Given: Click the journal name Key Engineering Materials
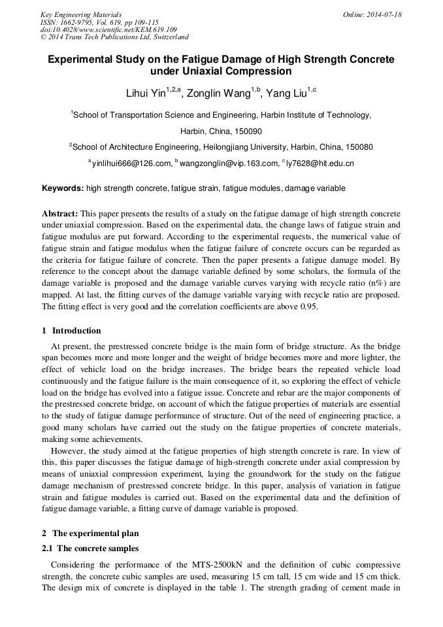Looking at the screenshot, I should [81, 14].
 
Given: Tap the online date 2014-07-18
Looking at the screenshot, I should [382, 14].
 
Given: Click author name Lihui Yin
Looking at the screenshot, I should [145, 93].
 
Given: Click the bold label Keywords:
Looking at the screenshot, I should [63, 188].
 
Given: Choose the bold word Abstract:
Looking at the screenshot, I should [60, 214].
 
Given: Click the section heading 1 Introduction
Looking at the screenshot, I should [71, 330].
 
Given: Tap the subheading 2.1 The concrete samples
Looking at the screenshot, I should [90, 548].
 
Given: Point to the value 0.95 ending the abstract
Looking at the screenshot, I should [309, 307].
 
